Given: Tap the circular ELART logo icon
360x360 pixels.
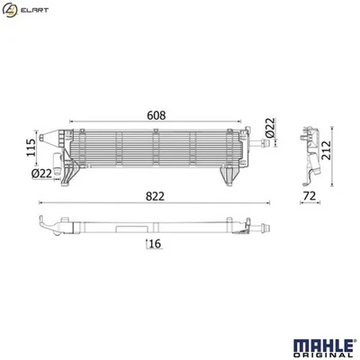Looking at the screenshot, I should (x=11, y=9).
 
